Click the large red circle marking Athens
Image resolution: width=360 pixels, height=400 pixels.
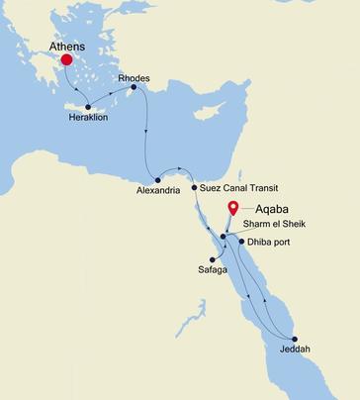[67, 60]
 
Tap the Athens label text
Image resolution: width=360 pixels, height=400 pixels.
[66, 45]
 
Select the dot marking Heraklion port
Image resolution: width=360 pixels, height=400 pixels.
[89, 107]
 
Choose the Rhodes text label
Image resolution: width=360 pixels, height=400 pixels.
[134, 76]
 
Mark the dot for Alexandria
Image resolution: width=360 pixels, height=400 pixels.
[157, 179]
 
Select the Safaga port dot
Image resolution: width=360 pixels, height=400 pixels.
[213, 260]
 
